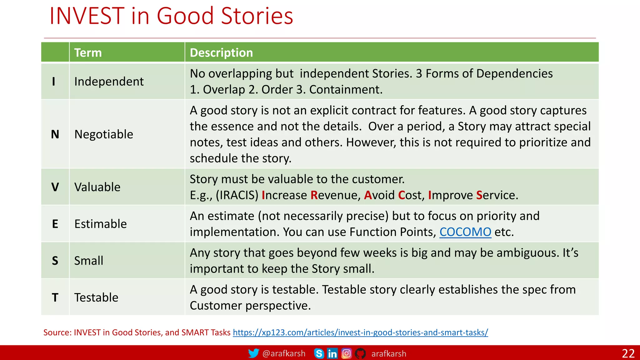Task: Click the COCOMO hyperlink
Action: click(x=465, y=232)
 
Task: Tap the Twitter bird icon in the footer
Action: click(x=253, y=353)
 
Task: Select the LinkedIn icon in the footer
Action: click(x=332, y=353)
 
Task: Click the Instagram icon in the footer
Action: click(x=346, y=353)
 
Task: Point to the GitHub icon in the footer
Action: click(x=360, y=353)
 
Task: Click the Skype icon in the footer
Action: click(x=319, y=353)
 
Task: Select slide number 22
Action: click(x=628, y=353)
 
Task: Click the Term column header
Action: click(x=88, y=52)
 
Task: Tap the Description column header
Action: click(x=221, y=52)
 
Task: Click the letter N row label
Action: click(x=55, y=134)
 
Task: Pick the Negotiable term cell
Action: click(x=104, y=134)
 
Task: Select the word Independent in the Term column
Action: click(x=109, y=82)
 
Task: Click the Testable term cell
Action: click(x=96, y=297)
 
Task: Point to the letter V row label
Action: click(x=55, y=187)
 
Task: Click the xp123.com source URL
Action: click(x=360, y=332)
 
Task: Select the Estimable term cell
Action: click(x=101, y=224)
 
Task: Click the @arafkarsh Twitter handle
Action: click(x=284, y=353)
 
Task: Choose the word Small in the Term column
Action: click(x=89, y=261)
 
